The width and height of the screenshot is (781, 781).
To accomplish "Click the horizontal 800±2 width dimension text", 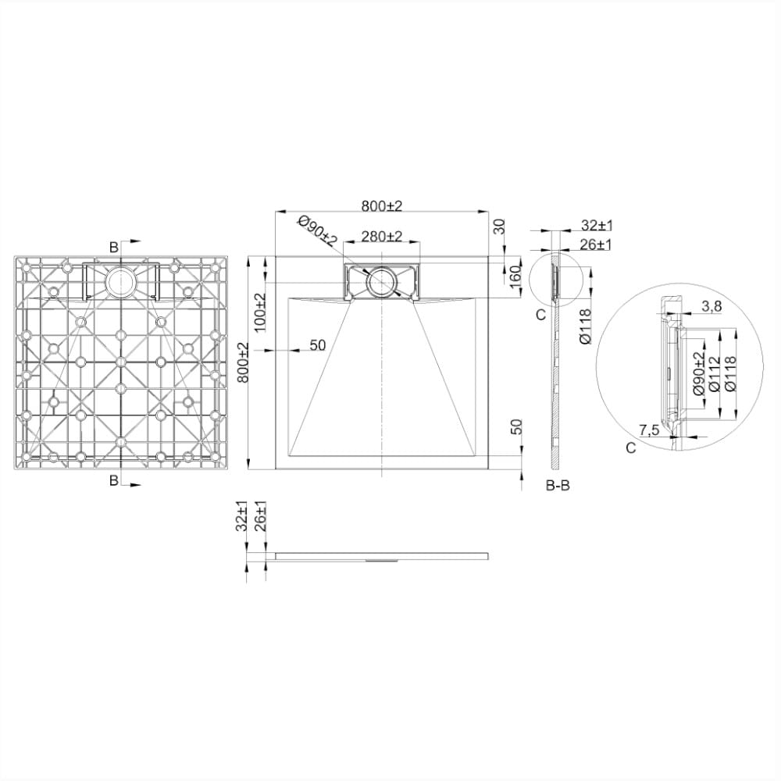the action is pos(382,205).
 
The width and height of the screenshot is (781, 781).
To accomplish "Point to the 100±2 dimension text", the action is pos(260,312).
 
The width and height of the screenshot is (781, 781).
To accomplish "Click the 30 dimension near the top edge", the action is pos(500,226).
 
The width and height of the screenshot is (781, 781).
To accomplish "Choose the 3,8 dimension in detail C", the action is pos(711,307).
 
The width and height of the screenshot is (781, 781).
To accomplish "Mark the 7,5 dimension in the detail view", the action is pos(649,430).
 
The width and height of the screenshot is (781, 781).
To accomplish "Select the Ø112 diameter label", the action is pos(714,373).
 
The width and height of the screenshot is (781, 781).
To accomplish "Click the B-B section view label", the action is pos(558,485).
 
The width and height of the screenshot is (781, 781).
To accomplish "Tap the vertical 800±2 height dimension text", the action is pos(243,362).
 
